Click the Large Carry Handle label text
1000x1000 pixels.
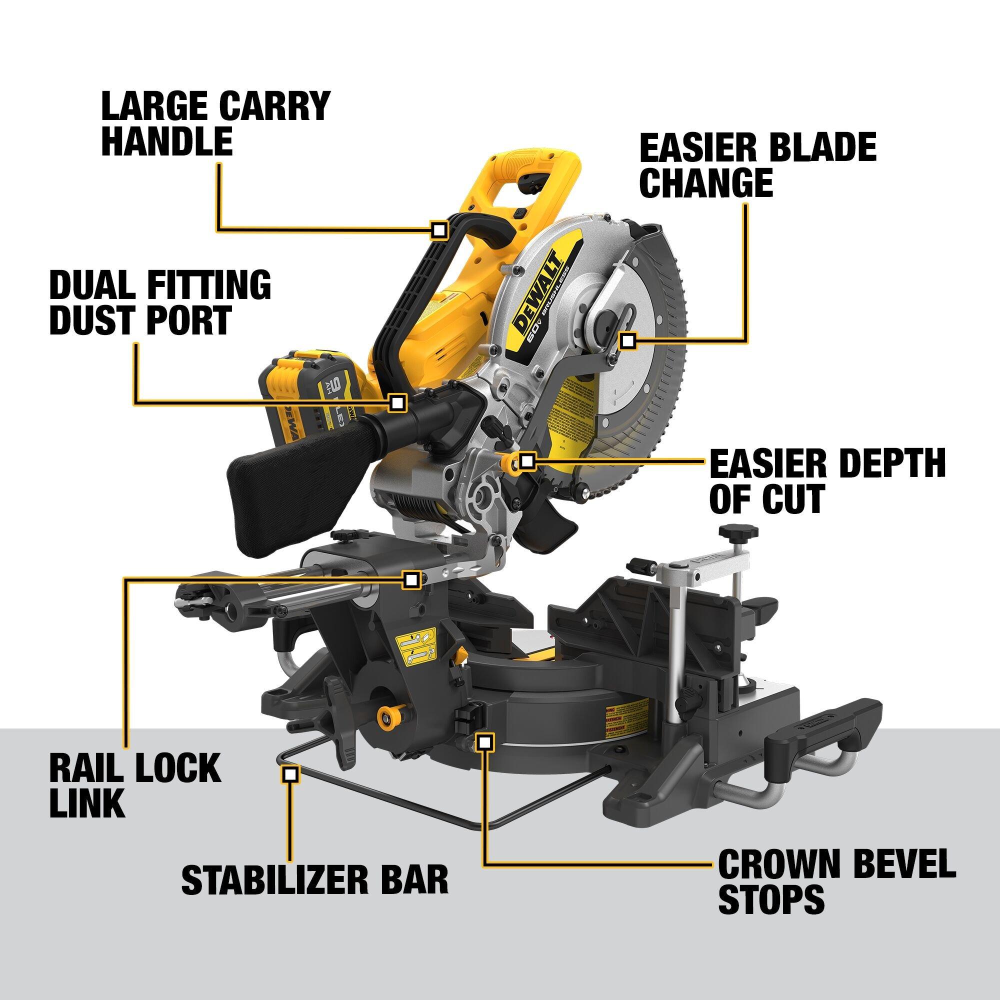215,123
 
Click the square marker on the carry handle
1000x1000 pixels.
439,230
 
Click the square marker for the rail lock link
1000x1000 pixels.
411,579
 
